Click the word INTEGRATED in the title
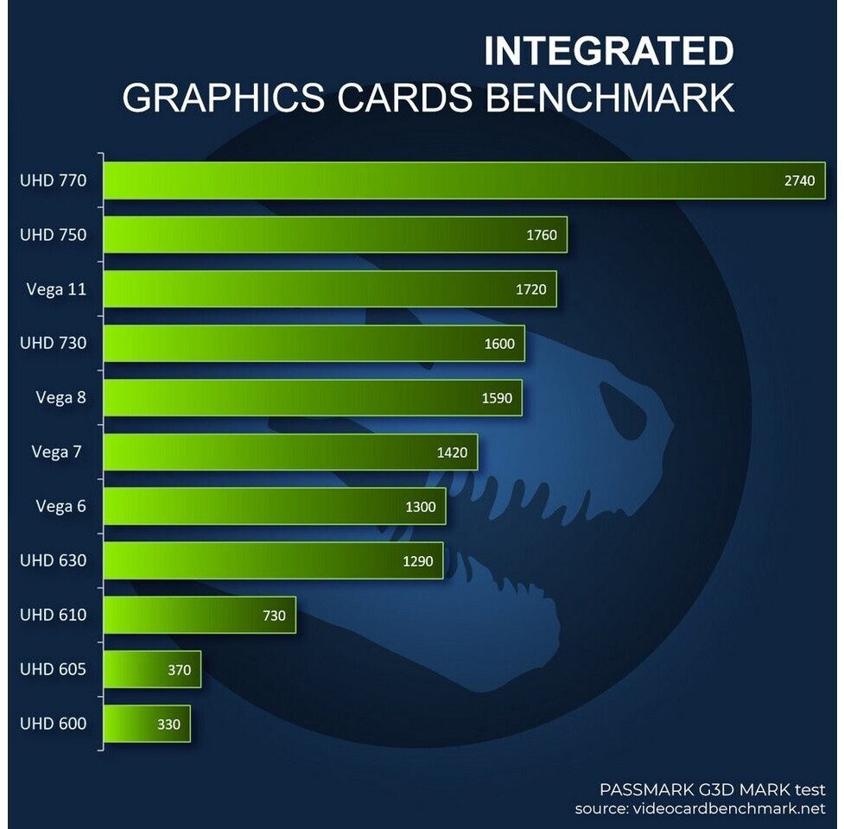(608, 52)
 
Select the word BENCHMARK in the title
(610, 98)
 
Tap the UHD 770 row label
(54, 180)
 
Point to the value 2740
(799, 180)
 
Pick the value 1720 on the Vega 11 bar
(530, 289)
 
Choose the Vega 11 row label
(56, 289)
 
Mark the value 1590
(497, 398)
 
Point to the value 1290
(419, 560)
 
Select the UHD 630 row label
(54, 560)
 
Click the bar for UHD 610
(200, 615)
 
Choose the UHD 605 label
(54, 669)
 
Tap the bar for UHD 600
(146, 724)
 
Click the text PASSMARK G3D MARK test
(712, 789)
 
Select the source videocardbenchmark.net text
(700, 809)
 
